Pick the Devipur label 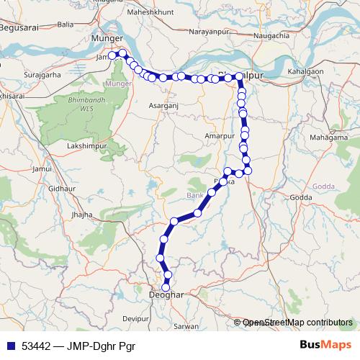coord(135,317)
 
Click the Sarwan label coord(186,326)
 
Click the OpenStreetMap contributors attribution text coord(297,323)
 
